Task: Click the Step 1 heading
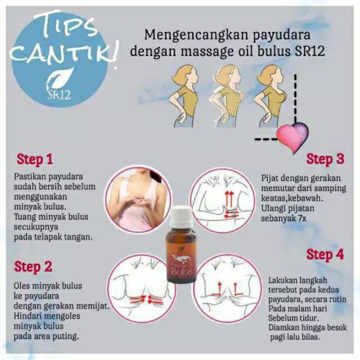(39, 159)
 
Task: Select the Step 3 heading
(325, 159)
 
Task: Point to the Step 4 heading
(325, 255)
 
